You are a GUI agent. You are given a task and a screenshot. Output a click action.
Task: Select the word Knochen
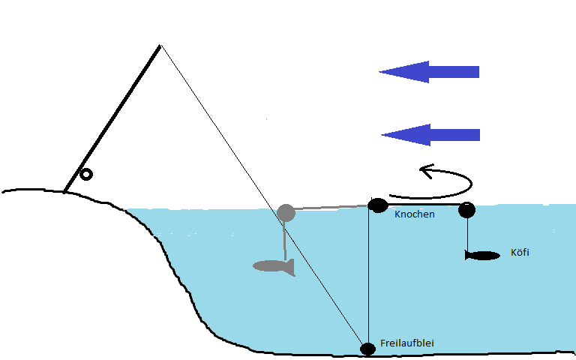coord(414,214)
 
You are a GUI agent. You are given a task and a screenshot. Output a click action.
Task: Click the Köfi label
coord(520,252)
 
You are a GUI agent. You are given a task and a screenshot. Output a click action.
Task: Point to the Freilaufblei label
coord(407,343)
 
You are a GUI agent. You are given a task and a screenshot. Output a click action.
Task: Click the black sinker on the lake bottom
coord(367,349)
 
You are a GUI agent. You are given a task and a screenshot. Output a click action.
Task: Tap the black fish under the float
coord(482,256)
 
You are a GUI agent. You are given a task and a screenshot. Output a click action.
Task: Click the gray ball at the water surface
coord(286,213)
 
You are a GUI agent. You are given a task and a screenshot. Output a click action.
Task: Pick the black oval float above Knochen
coord(377,205)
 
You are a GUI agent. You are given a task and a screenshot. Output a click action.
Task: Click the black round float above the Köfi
coord(467,210)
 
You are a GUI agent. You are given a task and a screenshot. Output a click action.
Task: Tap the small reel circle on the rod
coord(86,175)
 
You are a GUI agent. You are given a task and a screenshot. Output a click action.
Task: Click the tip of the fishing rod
coord(160,46)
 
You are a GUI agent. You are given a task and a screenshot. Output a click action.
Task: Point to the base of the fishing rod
coord(66,190)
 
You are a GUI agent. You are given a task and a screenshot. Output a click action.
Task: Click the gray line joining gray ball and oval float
coord(330,207)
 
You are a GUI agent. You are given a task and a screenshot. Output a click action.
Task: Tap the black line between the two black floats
coord(424,204)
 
